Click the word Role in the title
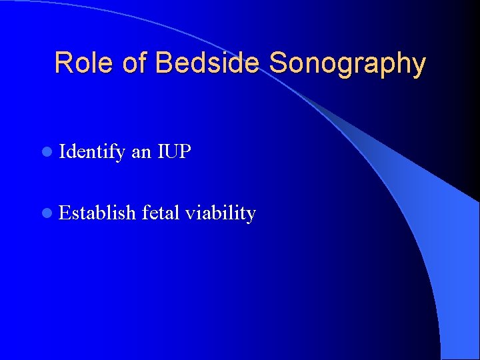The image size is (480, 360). (x=83, y=63)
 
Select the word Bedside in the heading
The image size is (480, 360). (x=209, y=63)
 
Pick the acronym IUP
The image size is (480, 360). (x=174, y=152)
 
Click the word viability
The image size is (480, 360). (x=221, y=213)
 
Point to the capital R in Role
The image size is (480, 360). (x=64, y=63)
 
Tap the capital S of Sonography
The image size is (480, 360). (x=279, y=63)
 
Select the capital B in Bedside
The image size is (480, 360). (x=164, y=63)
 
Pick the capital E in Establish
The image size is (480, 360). (x=65, y=213)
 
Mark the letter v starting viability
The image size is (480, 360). (x=190, y=214)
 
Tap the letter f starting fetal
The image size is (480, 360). (x=145, y=213)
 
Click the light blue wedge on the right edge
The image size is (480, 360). (x=460, y=267)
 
